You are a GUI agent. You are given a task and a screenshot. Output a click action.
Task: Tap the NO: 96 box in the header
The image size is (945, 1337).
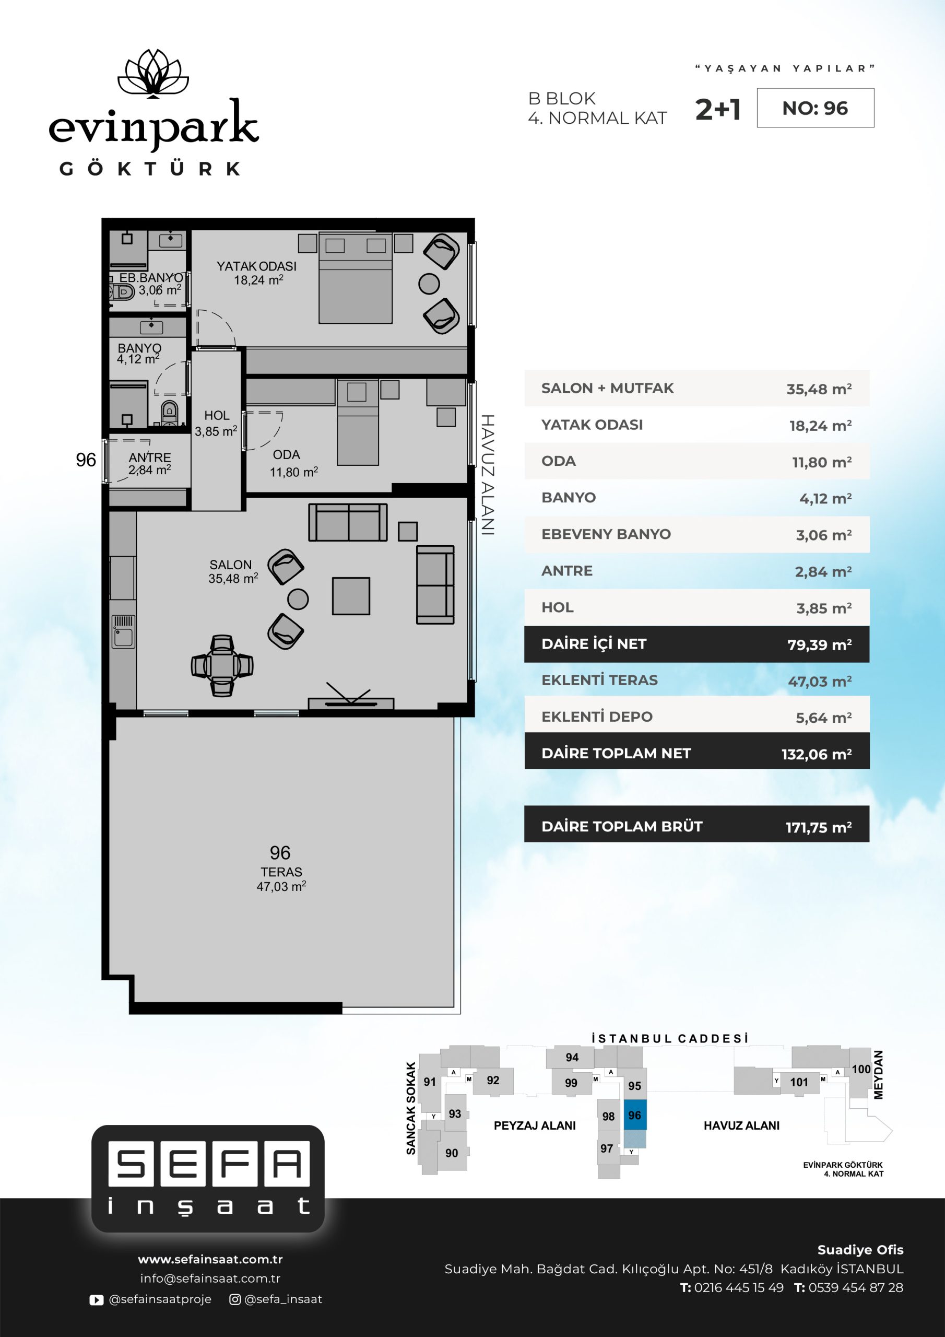coord(815,108)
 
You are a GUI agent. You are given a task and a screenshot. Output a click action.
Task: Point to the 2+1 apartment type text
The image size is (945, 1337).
coord(718,110)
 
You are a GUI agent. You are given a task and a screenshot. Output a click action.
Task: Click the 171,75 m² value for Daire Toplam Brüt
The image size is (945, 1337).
coord(819,827)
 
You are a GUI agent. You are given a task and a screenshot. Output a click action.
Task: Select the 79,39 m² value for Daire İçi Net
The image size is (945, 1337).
coord(819,644)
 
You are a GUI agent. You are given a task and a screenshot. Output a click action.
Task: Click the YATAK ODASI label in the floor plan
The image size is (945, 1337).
coord(257,266)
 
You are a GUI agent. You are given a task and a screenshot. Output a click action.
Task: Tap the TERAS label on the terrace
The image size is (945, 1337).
coord(281,872)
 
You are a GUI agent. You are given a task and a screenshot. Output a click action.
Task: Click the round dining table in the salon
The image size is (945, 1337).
coord(222,665)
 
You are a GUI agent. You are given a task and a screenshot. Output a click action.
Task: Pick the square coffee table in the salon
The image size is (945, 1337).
coord(350,596)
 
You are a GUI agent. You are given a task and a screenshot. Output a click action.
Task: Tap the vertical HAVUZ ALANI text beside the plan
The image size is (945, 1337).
coord(487,475)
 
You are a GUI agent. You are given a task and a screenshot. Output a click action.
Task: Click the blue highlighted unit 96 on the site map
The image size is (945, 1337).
coord(635,1116)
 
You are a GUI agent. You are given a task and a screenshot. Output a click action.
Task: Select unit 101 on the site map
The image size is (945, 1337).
coord(799,1082)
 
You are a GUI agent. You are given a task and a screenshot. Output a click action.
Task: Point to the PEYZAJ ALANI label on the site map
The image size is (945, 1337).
coord(535,1125)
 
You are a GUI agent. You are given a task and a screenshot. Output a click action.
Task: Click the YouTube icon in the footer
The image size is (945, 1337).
coord(97,1300)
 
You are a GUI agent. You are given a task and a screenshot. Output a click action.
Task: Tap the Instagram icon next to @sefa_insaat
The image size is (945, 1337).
coord(235,1299)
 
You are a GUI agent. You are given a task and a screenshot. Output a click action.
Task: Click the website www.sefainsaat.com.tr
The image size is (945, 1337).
coord(210,1259)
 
